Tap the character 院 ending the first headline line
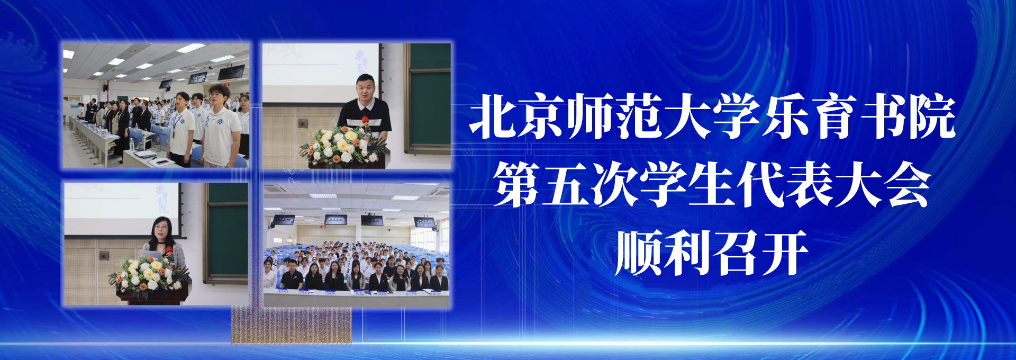[932, 116]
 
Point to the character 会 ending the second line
[908, 184]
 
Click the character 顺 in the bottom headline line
[639, 252]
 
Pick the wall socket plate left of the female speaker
[104, 255]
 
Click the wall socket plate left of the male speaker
[303, 123]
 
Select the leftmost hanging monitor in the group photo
[283, 219]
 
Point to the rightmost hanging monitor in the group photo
[425, 222]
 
